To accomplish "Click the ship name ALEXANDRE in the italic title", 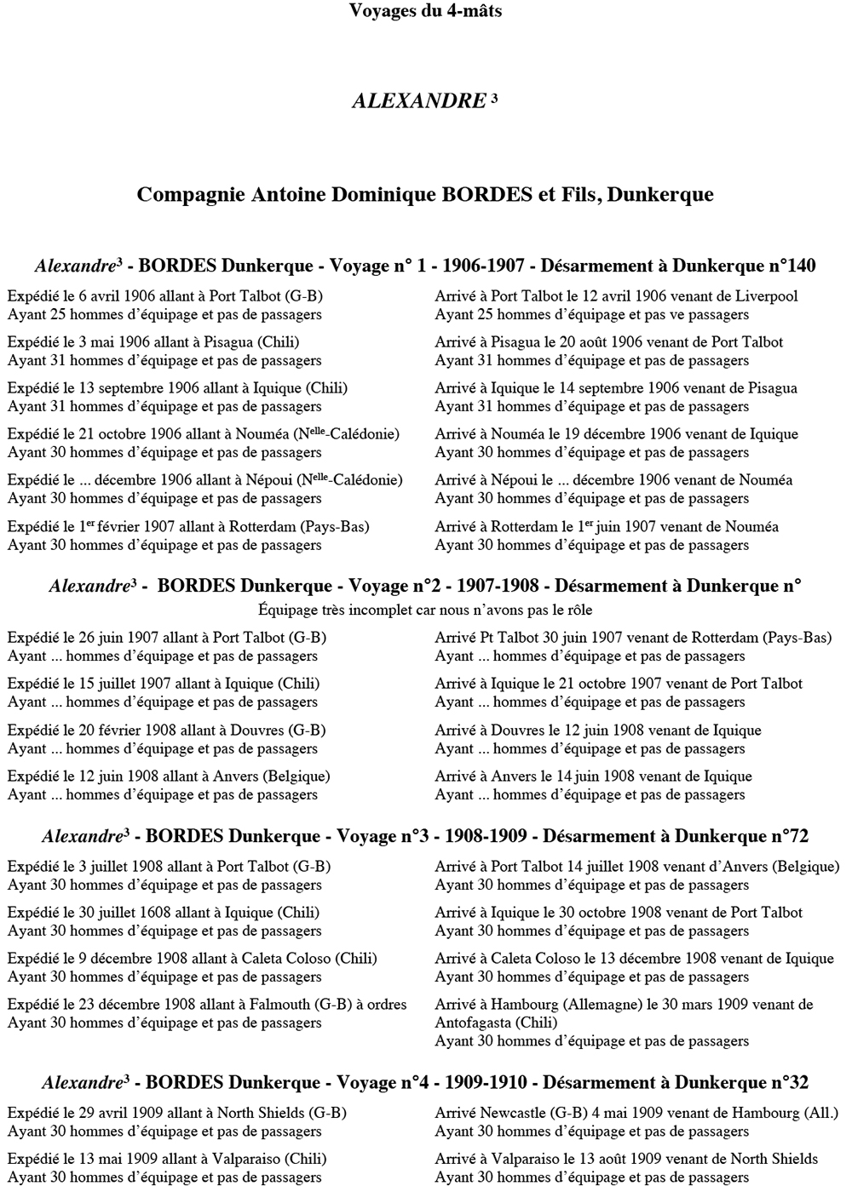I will tap(418, 101).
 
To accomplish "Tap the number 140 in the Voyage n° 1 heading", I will tap(800, 266).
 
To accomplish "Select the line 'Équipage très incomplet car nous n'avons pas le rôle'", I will tap(424, 610).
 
